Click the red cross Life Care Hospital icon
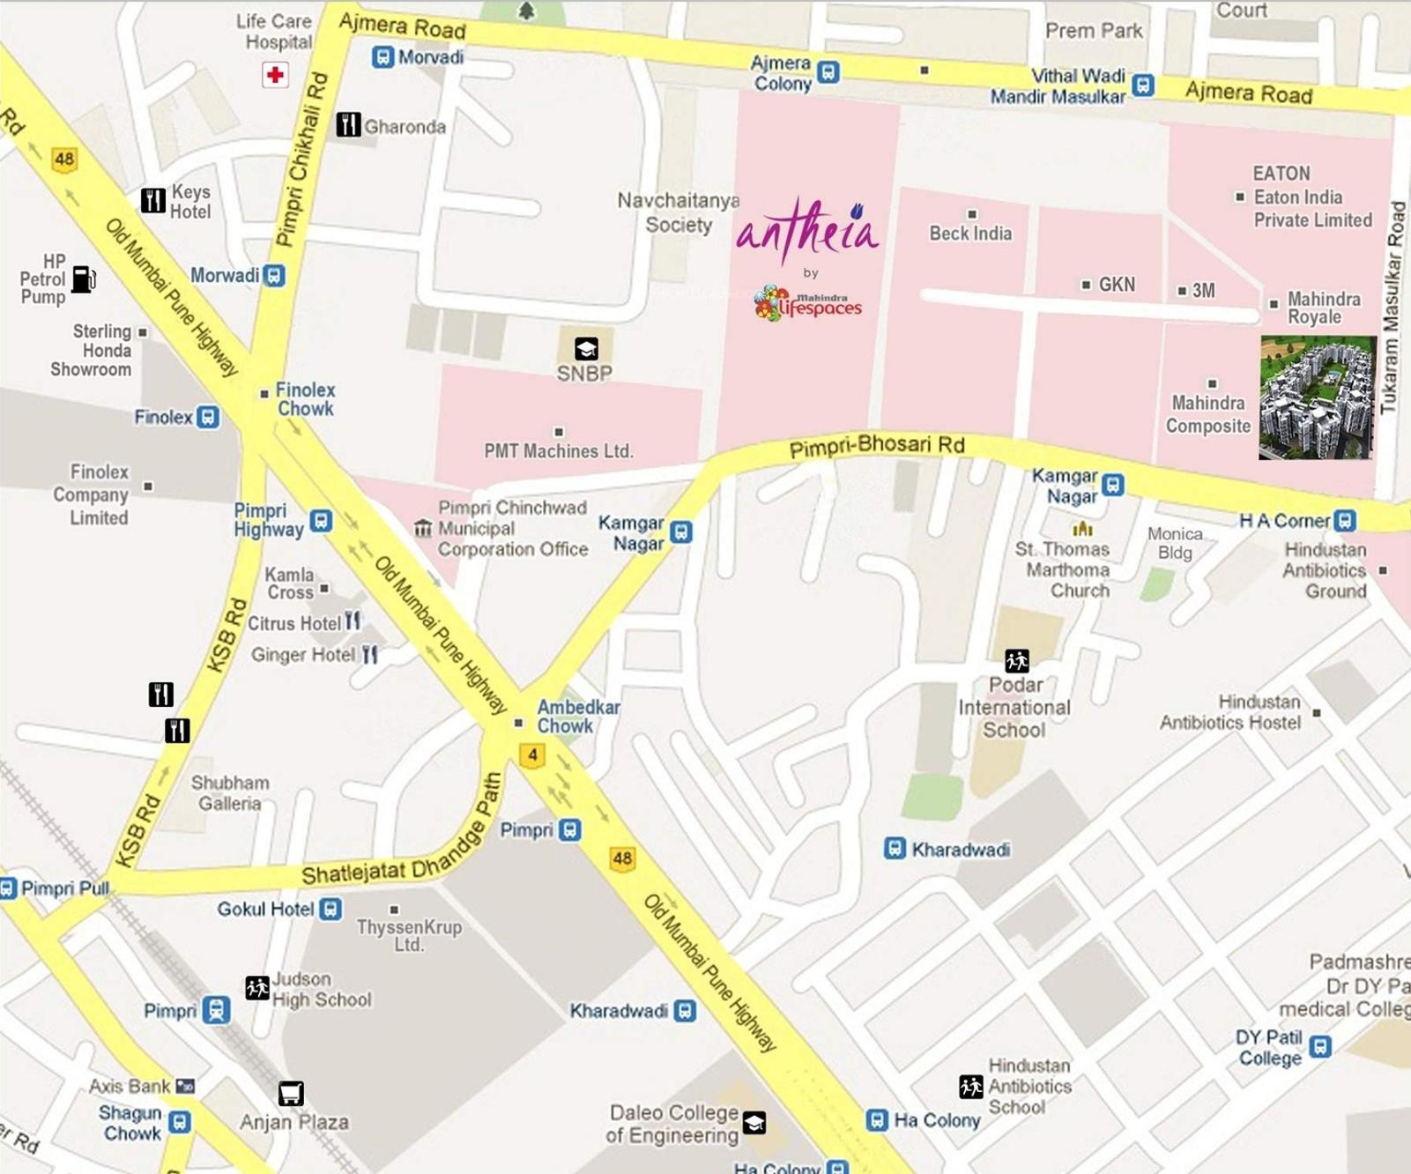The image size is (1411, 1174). coord(275,75)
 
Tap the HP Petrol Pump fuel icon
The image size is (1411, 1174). coord(83,279)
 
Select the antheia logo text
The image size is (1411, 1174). coord(807,230)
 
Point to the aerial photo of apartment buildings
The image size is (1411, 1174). coord(1317,398)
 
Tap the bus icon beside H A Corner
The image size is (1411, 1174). coord(1345,521)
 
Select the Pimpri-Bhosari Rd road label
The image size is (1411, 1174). coord(876,446)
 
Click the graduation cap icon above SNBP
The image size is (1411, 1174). coord(586,349)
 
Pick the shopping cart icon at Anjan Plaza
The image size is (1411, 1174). coord(291,1094)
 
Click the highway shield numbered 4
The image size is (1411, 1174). coord(532,755)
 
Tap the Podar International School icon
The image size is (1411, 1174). coord(1016,660)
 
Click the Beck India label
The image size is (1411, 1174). coord(970,234)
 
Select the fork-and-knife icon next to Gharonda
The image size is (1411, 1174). coord(348,125)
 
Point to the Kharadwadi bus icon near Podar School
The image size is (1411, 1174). coord(895,849)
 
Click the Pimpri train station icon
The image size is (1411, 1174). coord(216,1010)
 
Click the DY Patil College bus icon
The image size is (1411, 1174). coord(1319,1047)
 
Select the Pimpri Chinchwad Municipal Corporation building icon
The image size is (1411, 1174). coord(423,528)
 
